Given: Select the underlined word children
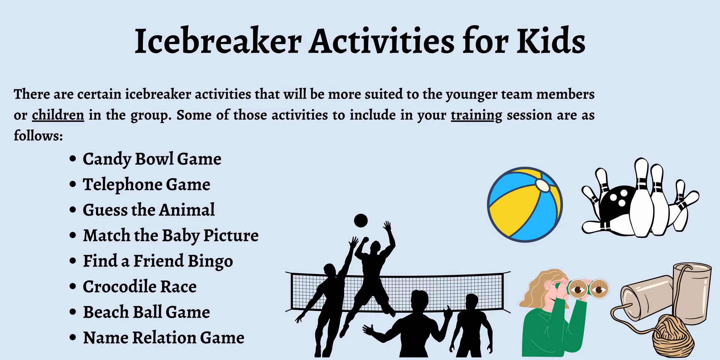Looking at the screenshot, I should point(58,115).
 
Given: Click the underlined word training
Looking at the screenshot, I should point(476,115).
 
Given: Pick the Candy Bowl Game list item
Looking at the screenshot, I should point(152,159).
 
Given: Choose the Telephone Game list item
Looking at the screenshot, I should point(146,184).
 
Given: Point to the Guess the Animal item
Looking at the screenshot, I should point(148,210).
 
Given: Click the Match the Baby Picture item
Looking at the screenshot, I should point(171,235).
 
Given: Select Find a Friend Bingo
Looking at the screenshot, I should point(157,261).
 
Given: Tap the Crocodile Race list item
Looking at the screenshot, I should point(139,286).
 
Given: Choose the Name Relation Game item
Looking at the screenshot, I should point(163,337).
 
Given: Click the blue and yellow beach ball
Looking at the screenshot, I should point(525,205).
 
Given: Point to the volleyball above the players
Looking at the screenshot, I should point(361,220).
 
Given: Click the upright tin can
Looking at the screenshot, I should point(692,292).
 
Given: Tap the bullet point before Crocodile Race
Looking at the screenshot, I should point(73,287).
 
